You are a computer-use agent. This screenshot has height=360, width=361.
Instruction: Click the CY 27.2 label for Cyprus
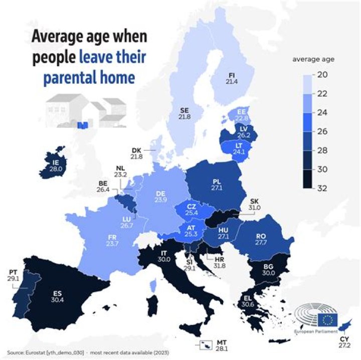click(345, 343)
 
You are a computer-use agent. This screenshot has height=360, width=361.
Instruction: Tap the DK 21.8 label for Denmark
click(136, 153)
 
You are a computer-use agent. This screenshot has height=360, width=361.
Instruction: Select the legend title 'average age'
click(313, 59)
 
